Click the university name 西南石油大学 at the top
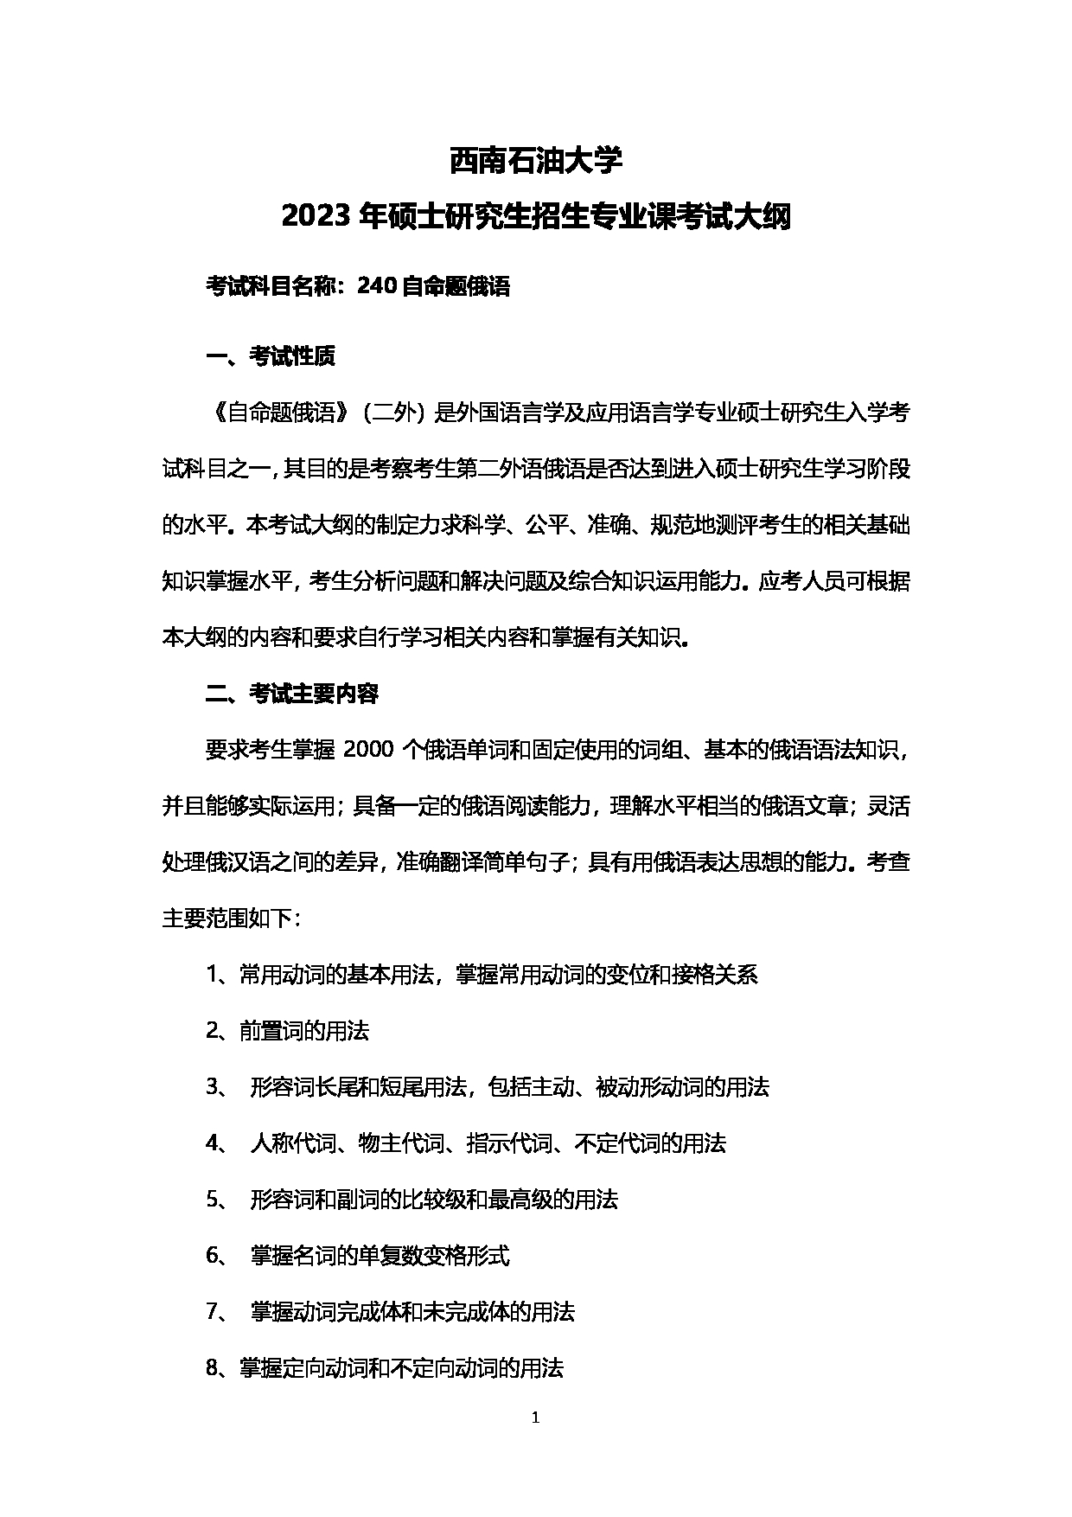(535, 160)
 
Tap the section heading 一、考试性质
(270, 356)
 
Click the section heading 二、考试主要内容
(291, 694)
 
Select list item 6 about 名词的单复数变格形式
(380, 1256)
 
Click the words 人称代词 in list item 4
(293, 1143)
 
